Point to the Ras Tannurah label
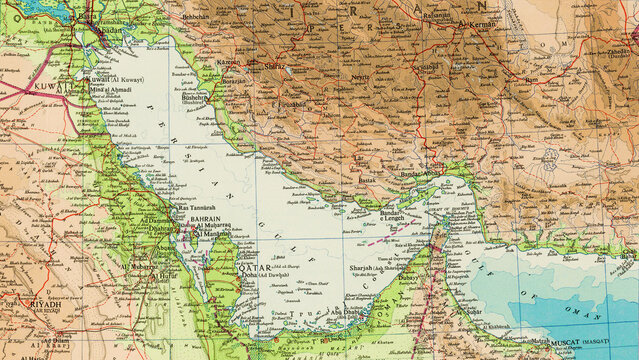(191, 207)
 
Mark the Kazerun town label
(229, 62)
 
